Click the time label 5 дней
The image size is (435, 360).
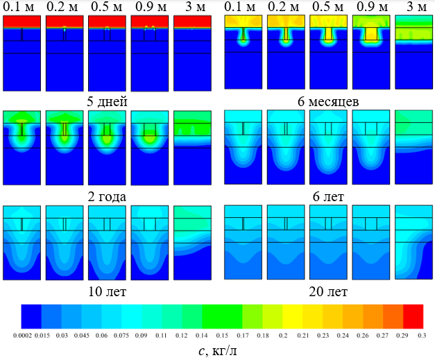(107, 101)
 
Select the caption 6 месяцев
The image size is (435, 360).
(328, 101)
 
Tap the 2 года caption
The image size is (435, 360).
(107, 196)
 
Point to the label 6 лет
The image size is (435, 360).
(328, 196)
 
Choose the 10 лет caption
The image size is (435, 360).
(107, 291)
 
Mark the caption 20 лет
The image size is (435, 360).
(328, 291)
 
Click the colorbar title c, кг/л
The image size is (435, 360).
(218, 351)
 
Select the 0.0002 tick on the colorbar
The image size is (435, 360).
(22, 336)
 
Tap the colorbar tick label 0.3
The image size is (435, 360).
(422, 336)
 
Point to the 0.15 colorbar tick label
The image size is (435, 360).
(222, 336)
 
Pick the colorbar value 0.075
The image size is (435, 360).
(121, 336)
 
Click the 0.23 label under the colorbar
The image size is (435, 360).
(323, 336)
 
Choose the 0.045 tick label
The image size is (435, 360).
(82, 336)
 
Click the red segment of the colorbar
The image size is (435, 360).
(413, 316)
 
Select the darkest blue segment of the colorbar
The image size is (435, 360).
(31, 316)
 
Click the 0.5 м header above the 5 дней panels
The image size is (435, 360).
(106, 7)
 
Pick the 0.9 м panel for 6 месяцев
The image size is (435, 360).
(371, 52)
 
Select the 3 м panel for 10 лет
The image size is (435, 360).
(192, 243)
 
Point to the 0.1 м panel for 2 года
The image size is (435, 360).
(22, 148)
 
